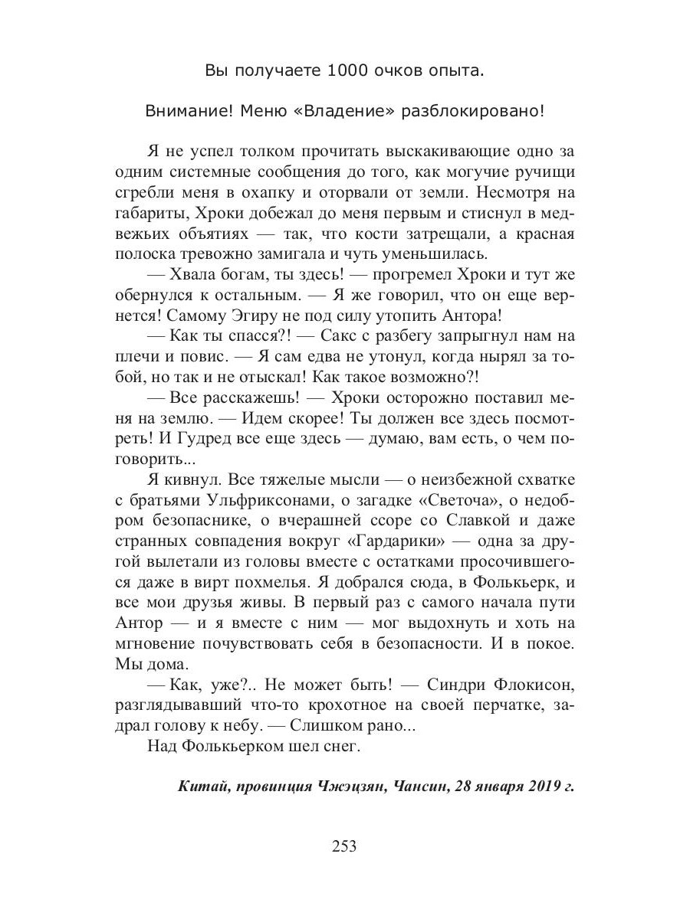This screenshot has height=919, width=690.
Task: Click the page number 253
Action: coord(344,846)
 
